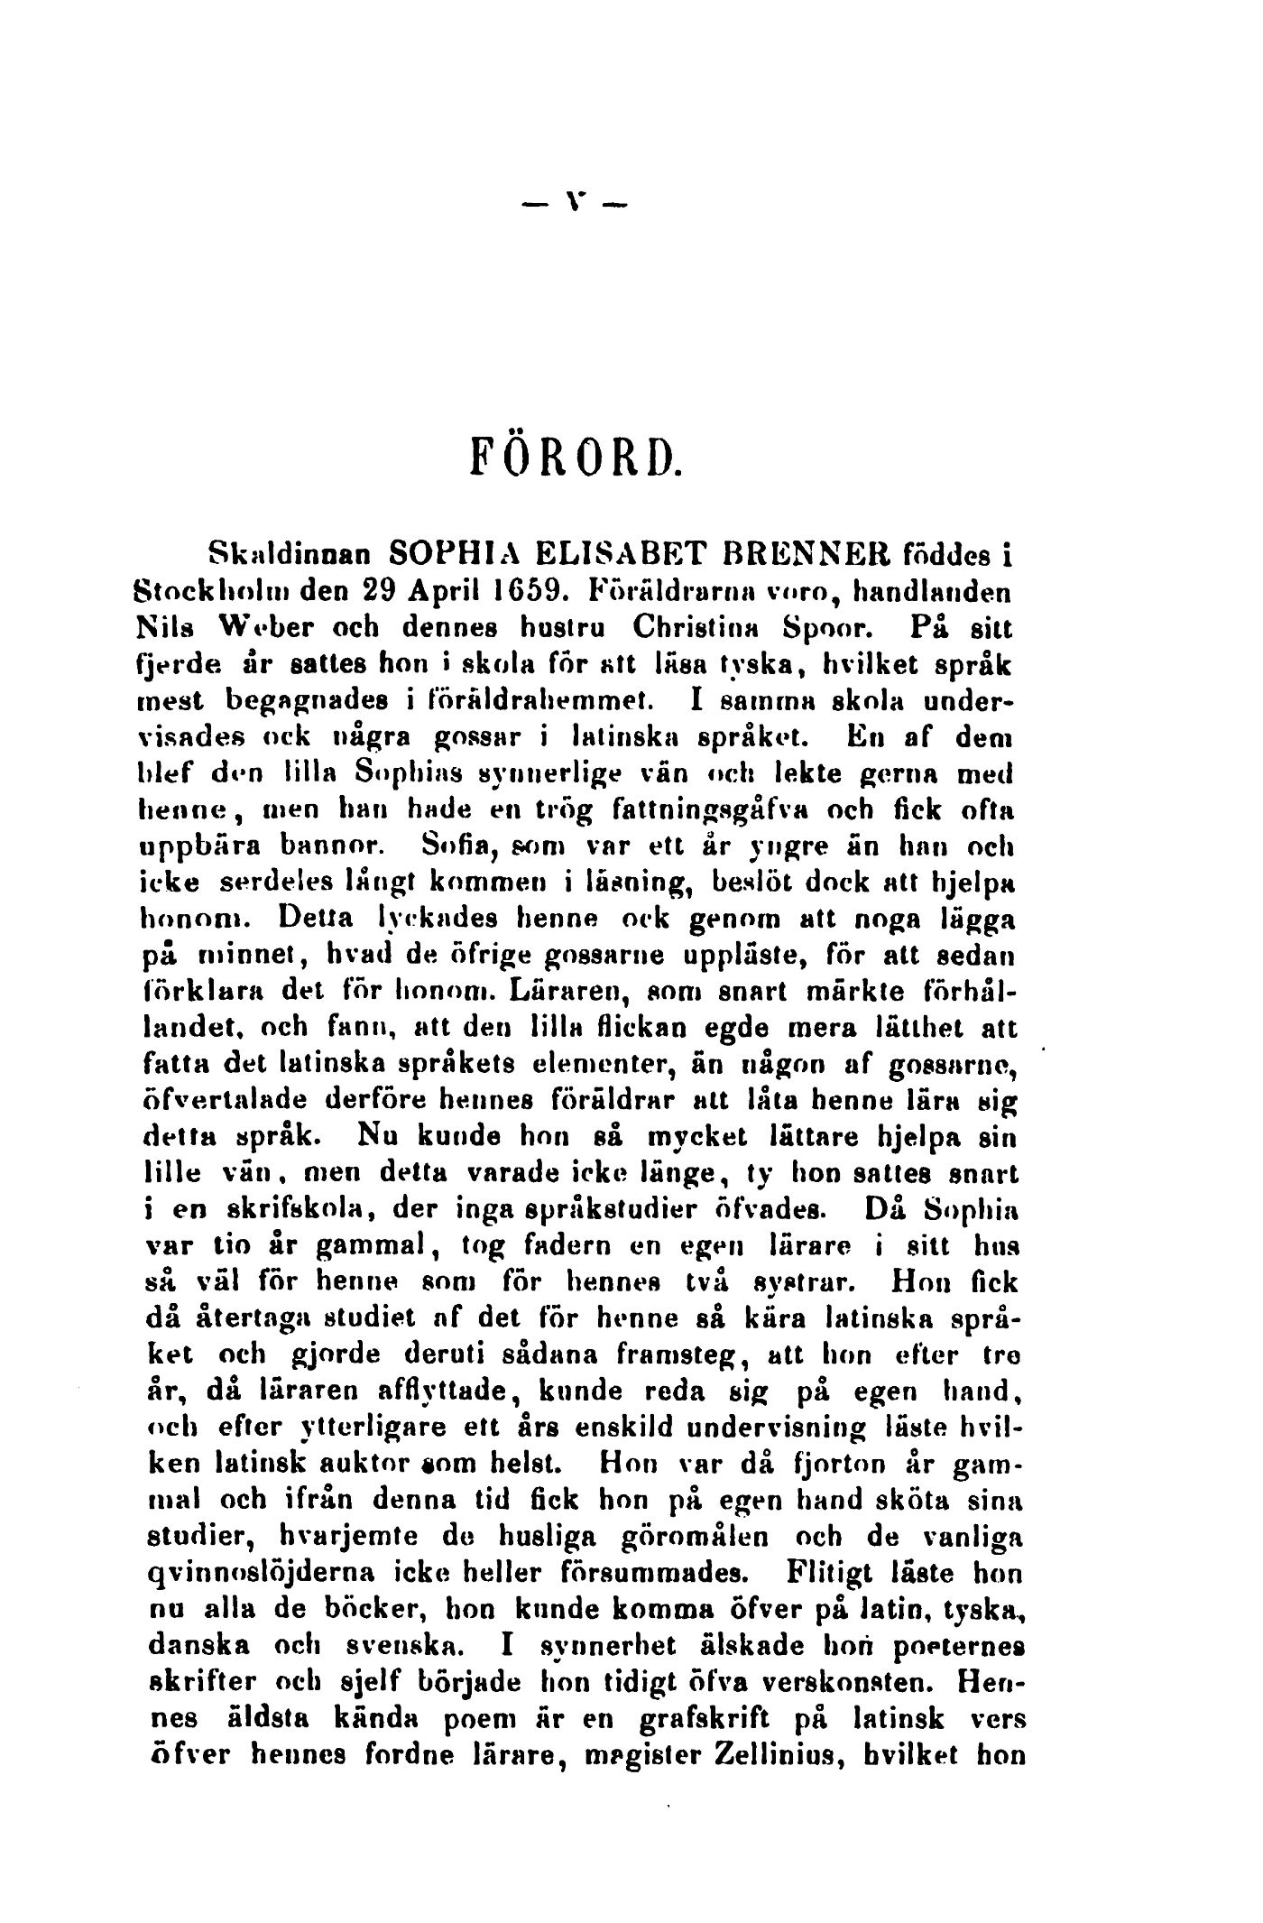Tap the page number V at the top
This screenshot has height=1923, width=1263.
point(578,207)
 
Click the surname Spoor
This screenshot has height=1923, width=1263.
point(820,624)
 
